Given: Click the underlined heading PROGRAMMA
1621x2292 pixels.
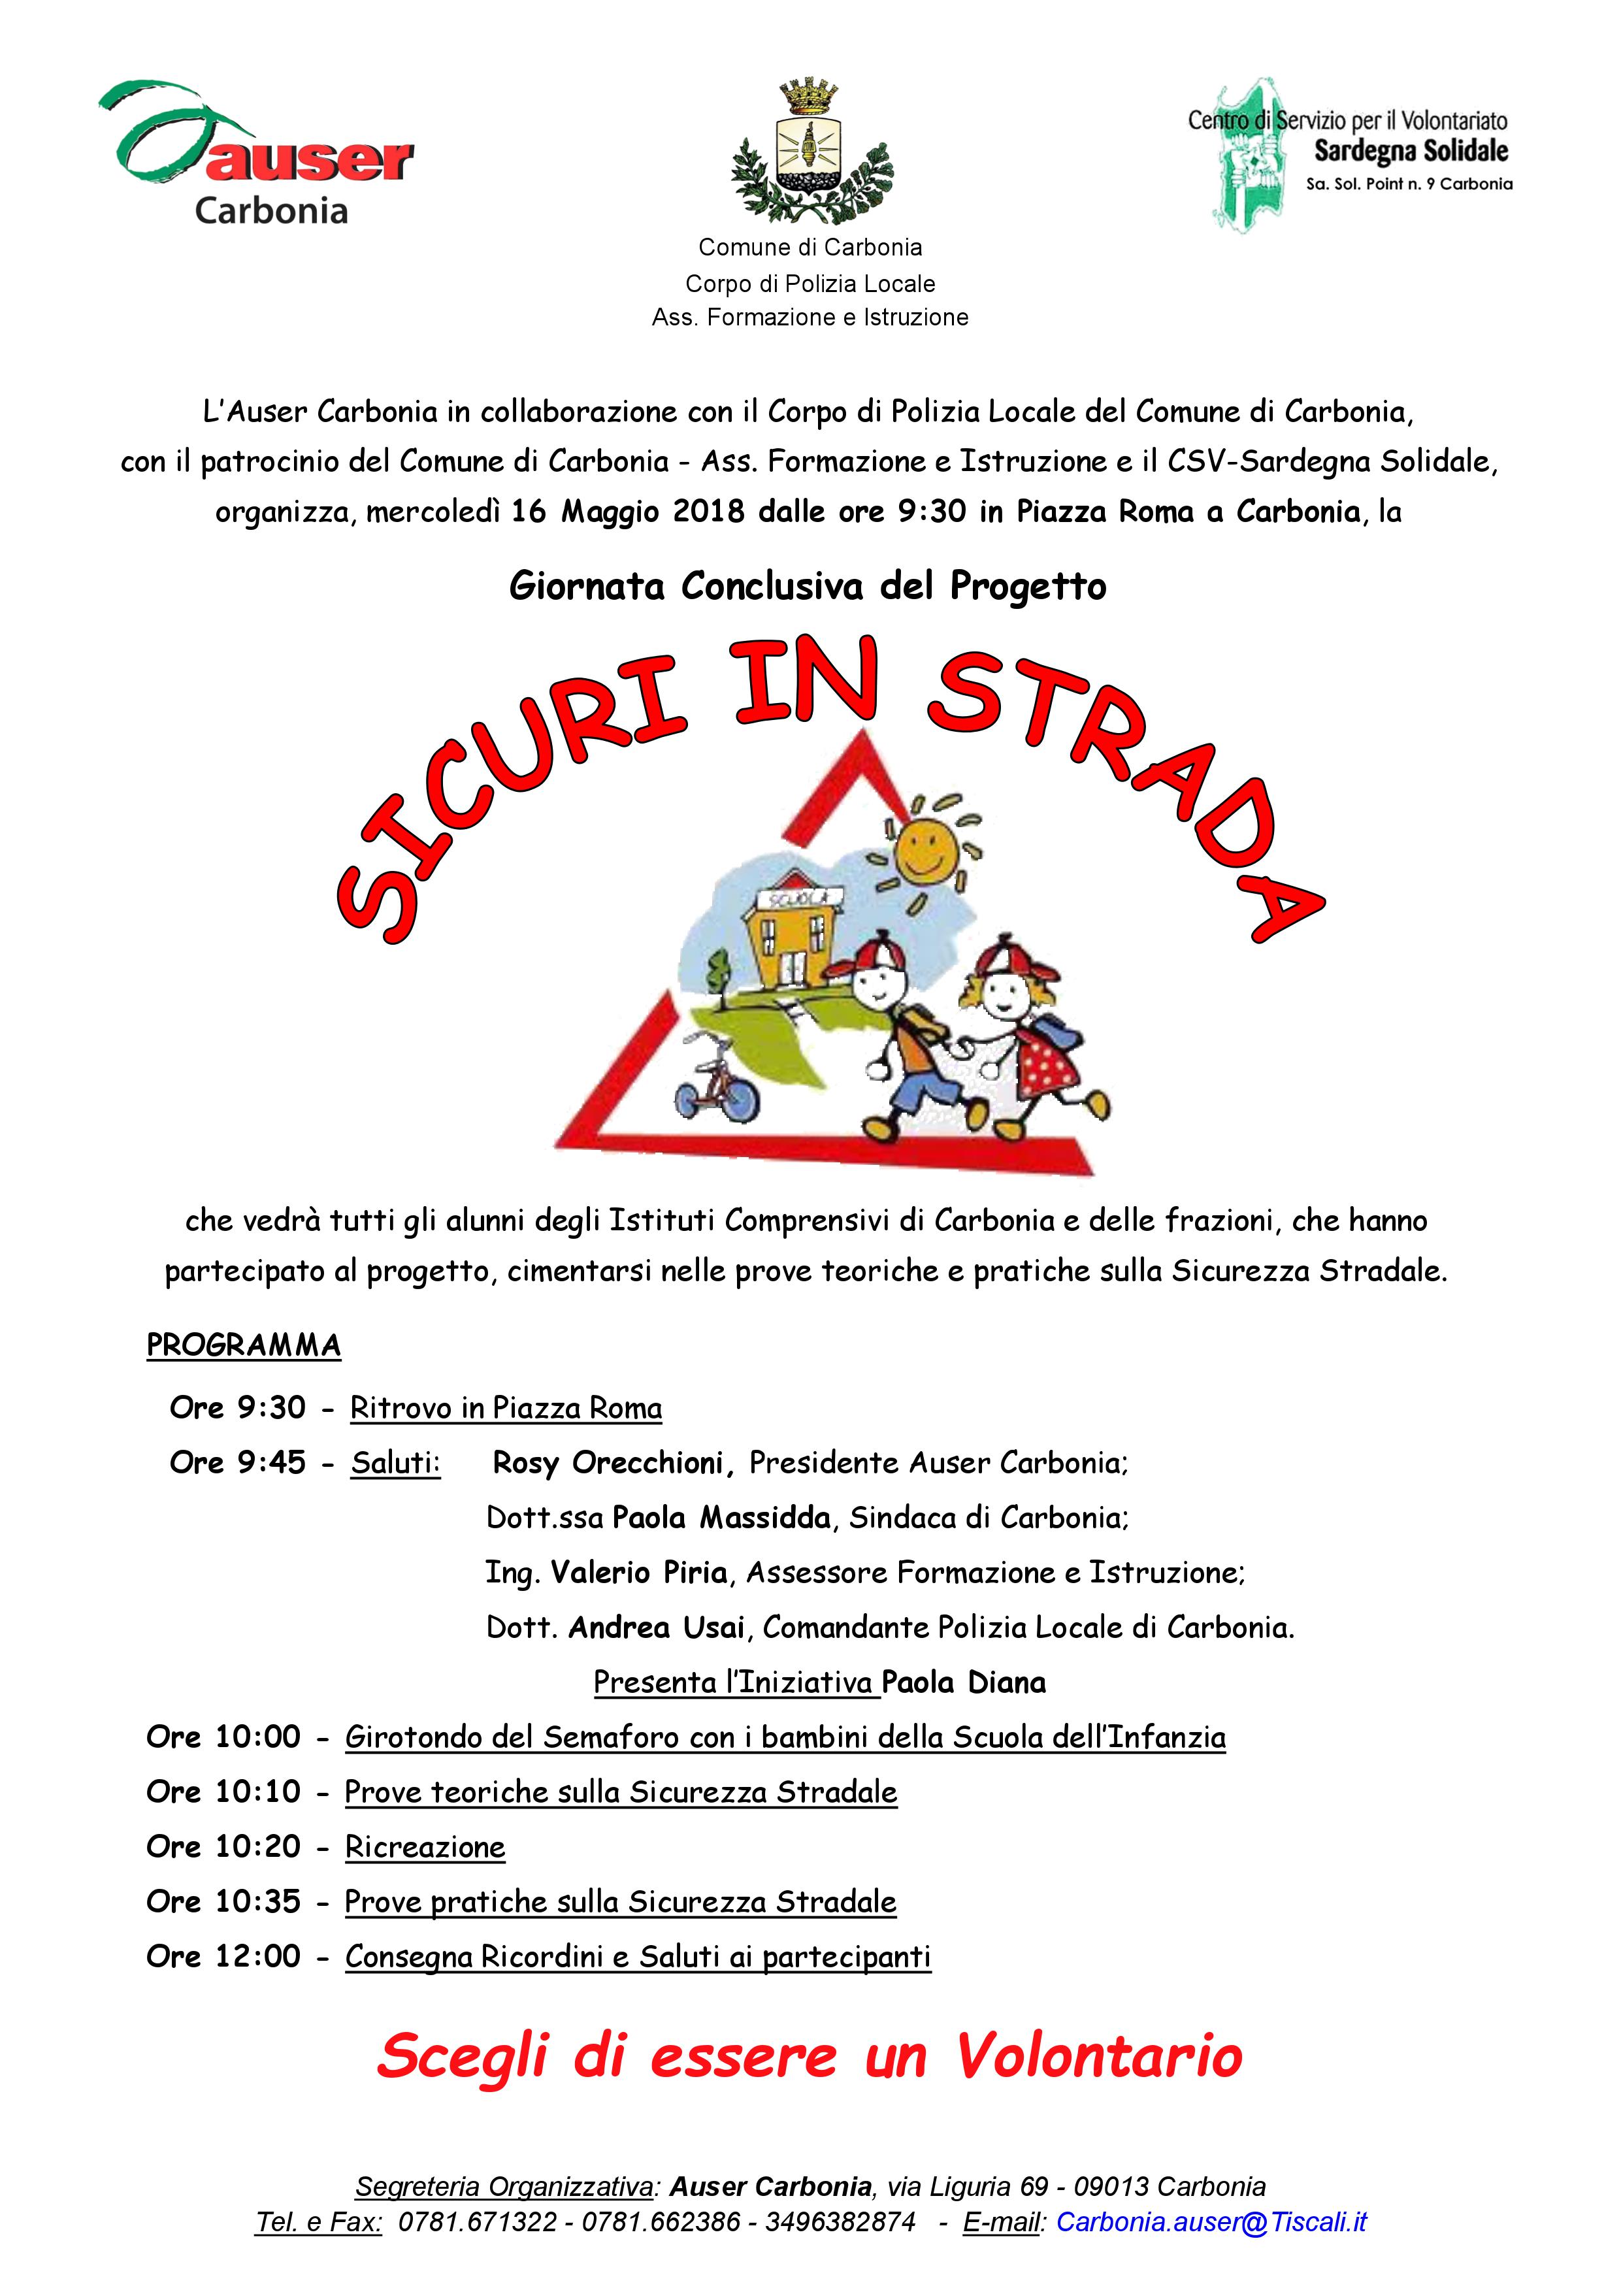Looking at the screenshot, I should coord(244,1346).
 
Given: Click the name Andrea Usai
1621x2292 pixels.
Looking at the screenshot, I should coord(656,1628).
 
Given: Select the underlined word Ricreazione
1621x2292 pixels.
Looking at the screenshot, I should coord(425,1848).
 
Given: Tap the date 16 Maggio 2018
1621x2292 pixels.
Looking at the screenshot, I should coord(628,512).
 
